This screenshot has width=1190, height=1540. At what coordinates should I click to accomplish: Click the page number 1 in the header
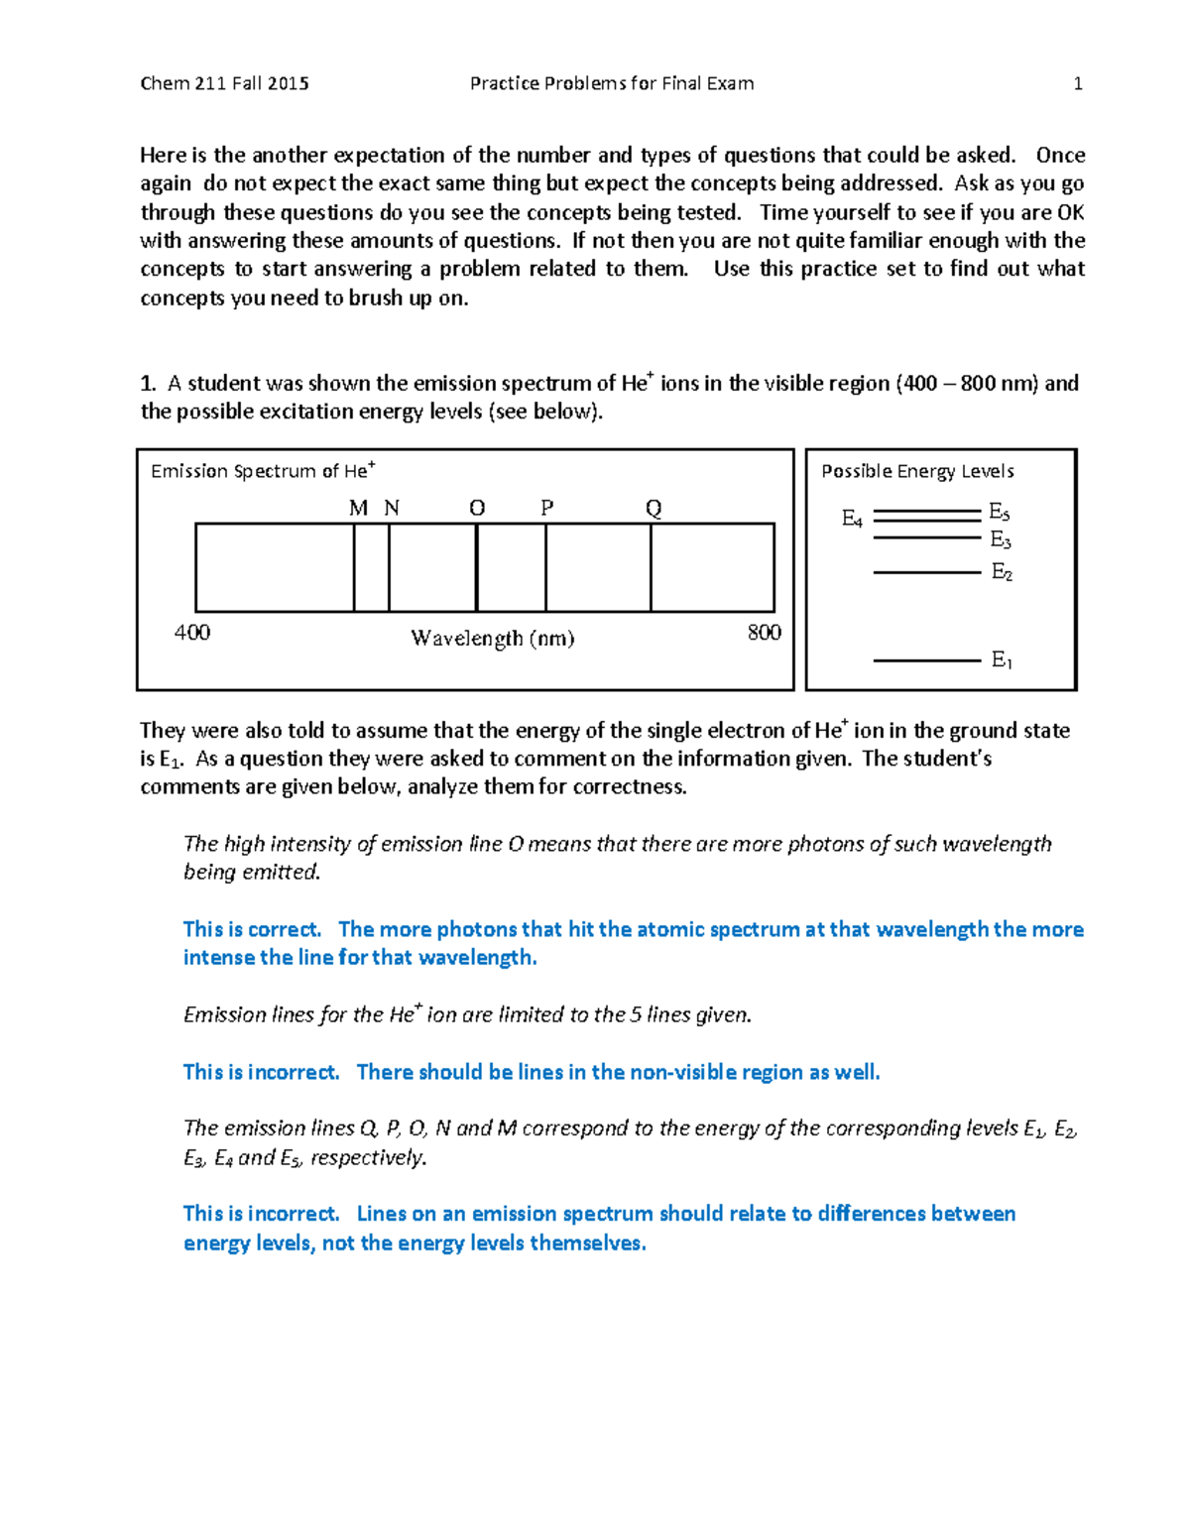point(1077,84)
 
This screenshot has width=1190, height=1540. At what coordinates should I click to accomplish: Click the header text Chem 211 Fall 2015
point(224,84)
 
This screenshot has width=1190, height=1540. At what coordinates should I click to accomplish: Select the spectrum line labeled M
point(354,567)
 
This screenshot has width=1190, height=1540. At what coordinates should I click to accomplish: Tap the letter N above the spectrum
point(392,509)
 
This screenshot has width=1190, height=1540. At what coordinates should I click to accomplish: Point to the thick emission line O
point(477,567)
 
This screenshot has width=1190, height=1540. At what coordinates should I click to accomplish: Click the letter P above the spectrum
point(546,509)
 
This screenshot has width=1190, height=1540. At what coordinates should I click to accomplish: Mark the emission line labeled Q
point(651,567)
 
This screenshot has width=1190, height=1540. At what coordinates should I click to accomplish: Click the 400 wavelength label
point(191,633)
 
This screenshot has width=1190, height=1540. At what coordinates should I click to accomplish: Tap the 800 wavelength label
point(764,633)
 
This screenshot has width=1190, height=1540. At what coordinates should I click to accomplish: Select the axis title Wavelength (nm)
point(493,639)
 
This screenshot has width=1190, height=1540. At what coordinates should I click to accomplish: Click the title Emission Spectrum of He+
point(263,471)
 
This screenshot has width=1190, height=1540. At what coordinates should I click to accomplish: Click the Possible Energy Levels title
point(917,472)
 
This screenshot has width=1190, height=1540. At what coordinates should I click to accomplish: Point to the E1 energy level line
point(926,659)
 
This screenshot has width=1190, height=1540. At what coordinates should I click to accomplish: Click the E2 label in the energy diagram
point(1002,572)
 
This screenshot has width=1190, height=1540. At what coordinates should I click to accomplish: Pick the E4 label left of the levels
point(852,519)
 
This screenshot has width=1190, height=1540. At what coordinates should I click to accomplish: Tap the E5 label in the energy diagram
point(999,513)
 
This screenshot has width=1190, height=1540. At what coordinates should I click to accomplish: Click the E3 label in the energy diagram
point(1001,540)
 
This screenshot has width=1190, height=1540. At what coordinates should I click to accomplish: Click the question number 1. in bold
point(148,384)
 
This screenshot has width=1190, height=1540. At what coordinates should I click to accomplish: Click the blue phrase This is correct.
point(252,930)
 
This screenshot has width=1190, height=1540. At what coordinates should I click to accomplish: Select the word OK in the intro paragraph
point(1070,213)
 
